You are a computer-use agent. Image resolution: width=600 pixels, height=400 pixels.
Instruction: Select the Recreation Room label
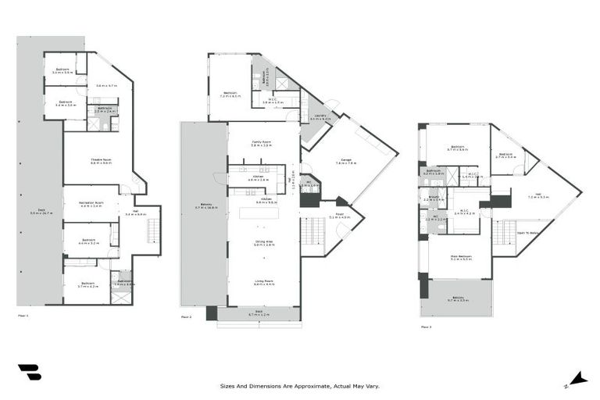[91, 205]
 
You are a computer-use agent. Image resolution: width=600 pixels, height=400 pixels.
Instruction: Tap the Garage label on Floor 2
[345, 162]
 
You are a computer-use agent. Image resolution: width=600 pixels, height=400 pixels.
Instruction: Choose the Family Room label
[261, 144]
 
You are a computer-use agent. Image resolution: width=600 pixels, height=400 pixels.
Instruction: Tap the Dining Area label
[262, 243]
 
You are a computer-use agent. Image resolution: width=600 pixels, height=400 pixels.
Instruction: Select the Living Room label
[263, 283]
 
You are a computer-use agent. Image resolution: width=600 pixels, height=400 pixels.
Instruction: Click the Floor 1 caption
[23, 316]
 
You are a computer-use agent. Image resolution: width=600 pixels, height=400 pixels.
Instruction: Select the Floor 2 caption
[186, 316]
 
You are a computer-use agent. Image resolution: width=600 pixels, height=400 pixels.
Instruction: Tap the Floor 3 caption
[426, 327]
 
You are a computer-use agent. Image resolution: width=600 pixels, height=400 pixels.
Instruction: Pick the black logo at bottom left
[29, 373]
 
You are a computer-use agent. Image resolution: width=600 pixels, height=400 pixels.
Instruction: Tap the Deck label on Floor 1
[34, 212]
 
